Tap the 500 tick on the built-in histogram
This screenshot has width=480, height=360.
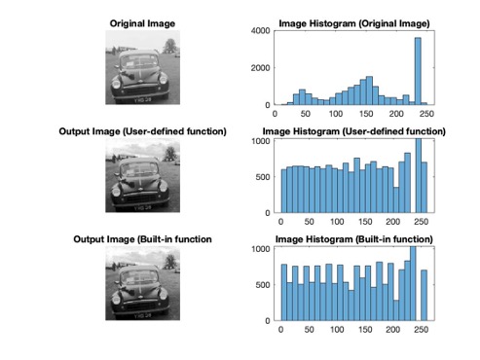tap(260, 284)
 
